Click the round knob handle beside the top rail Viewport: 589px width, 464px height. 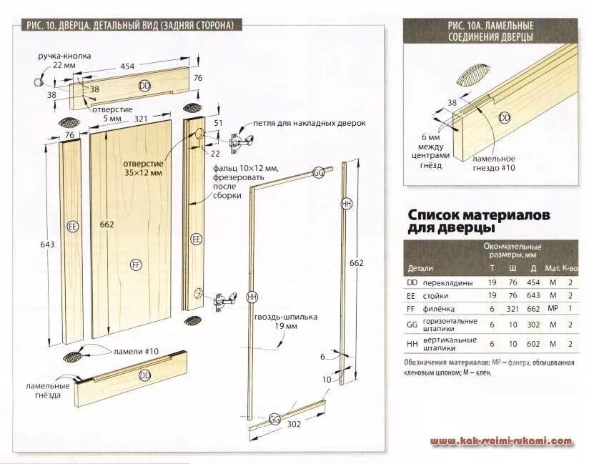[38, 83]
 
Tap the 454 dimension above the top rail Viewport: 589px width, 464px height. [127, 66]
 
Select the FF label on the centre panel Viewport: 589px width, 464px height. [137, 264]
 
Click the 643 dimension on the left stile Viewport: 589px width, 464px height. [47, 245]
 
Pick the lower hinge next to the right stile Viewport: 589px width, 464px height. [225, 300]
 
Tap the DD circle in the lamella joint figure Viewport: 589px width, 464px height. [505, 117]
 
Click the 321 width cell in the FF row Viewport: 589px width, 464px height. [512, 309]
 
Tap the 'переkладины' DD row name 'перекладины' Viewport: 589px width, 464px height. [450, 283]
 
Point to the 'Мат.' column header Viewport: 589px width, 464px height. [551, 269]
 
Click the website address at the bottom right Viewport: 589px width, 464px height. [501, 441]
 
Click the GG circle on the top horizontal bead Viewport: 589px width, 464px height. [318, 173]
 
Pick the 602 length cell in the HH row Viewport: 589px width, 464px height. [532, 343]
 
